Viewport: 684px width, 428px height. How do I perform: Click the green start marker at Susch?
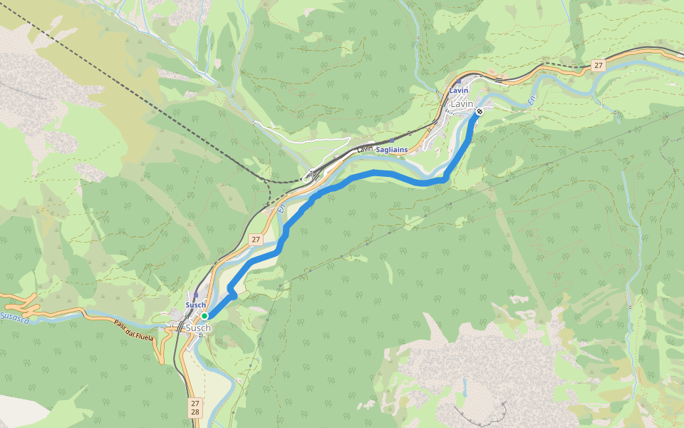204,315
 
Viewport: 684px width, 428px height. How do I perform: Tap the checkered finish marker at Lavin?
480,111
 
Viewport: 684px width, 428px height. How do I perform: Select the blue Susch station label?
195,305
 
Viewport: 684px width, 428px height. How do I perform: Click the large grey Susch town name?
197,328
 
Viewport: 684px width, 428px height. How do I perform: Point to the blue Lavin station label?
459,91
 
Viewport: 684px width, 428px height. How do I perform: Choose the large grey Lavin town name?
462,104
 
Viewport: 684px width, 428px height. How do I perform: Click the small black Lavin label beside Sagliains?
365,148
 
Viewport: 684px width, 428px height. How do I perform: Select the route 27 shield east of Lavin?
598,66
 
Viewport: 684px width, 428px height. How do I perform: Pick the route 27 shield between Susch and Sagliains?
255,240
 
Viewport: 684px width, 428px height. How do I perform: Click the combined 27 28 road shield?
195,408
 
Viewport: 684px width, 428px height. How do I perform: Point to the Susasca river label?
14,316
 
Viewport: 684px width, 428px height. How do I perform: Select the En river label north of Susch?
281,209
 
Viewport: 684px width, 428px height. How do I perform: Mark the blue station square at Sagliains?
391,141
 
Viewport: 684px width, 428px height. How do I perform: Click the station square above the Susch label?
195,295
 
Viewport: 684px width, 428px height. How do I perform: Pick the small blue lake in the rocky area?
464,388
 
